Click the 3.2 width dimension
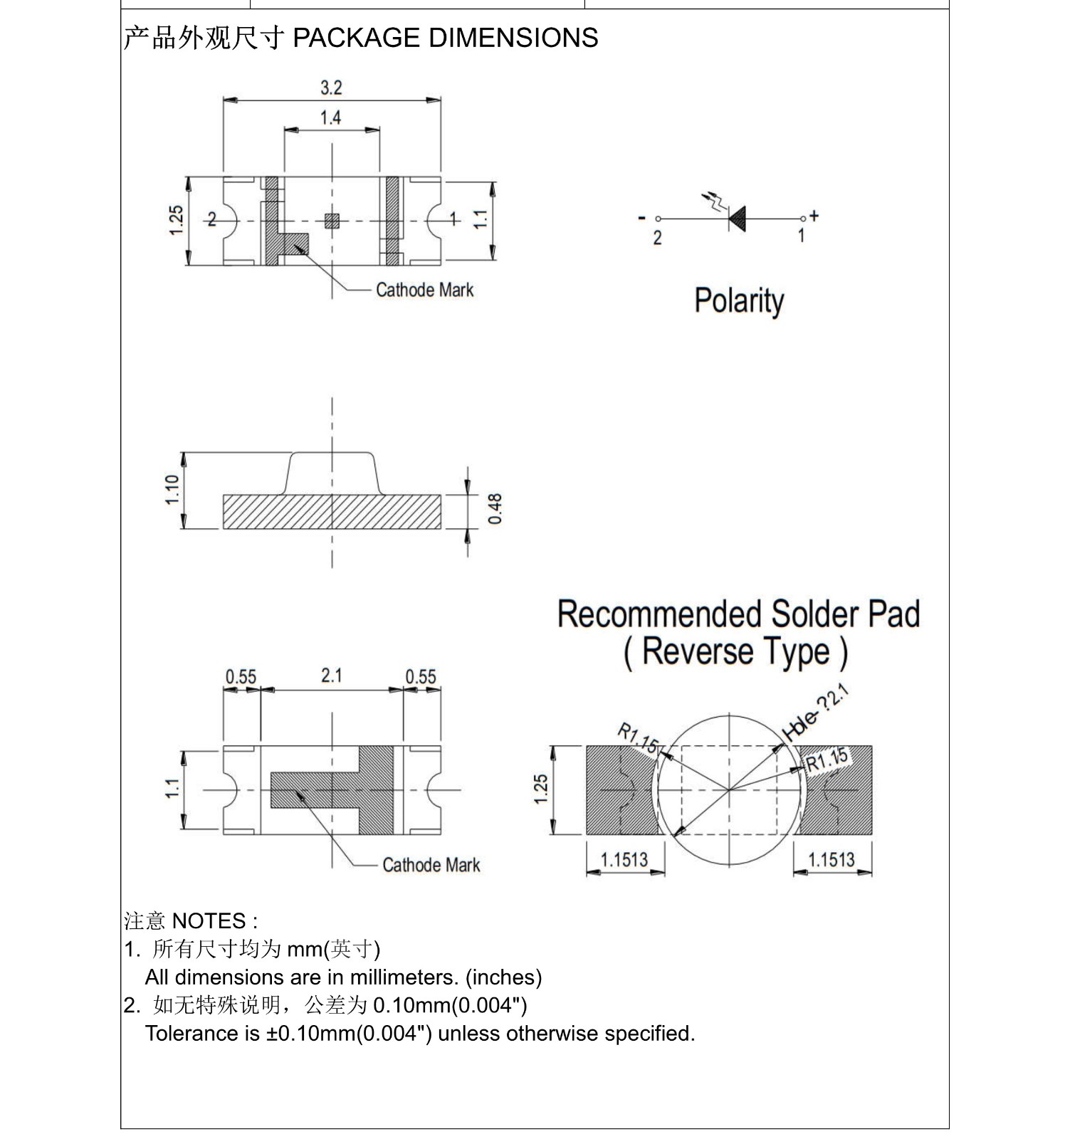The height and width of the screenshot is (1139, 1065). [x=331, y=88]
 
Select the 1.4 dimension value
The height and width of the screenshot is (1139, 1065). [x=330, y=117]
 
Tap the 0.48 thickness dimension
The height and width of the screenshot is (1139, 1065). [x=495, y=508]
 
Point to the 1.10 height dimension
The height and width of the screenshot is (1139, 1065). [x=172, y=490]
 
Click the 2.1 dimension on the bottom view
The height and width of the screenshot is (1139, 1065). [x=332, y=675]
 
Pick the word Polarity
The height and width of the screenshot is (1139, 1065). [x=739, y=301]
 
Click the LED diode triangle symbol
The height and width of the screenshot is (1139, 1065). [x=738, y=219]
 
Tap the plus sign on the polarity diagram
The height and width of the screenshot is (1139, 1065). [x=814, y=215]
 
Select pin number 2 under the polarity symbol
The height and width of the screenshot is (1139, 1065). [x=657, y=238]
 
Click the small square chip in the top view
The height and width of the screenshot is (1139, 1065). [x=332, y=221]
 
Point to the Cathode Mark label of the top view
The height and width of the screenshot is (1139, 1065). [x=424, y=290]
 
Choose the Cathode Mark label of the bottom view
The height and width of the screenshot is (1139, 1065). [x=431, y=865]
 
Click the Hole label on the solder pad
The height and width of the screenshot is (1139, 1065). [x=799, y=725]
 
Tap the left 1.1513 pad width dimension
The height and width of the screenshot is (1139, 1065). [x=624, y=859]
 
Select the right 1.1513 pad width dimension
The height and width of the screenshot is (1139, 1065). [x=831, y=859]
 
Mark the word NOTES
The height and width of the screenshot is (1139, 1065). [x=209, y=921]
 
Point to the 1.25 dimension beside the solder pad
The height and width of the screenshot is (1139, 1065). [x=541, y=789]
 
